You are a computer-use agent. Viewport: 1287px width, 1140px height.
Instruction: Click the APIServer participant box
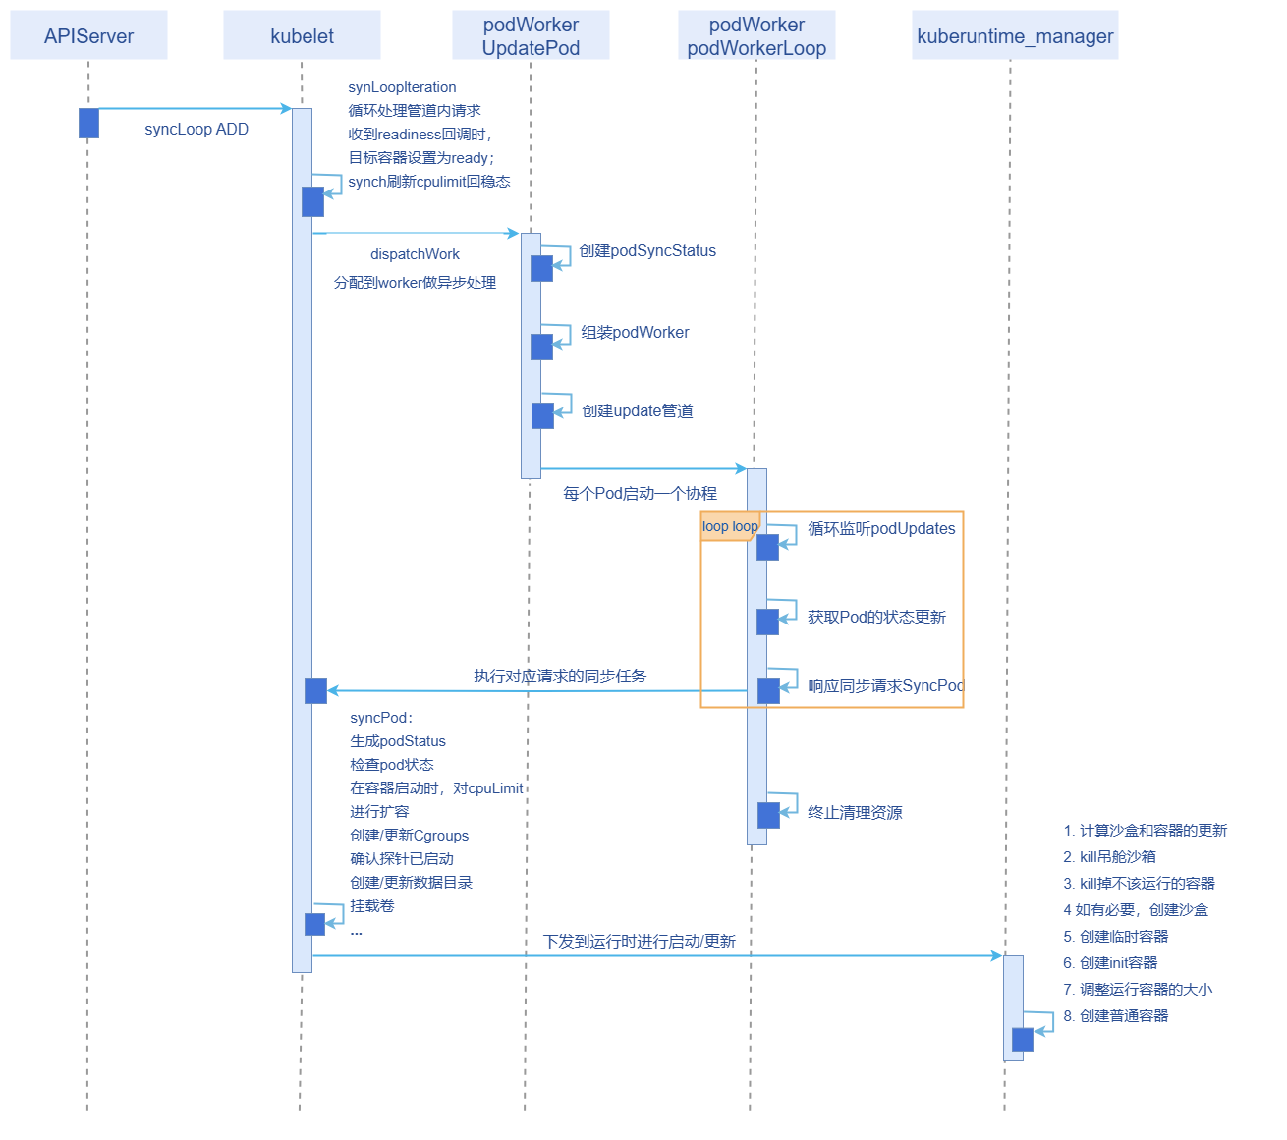pyautogui.click(x=88, y=36)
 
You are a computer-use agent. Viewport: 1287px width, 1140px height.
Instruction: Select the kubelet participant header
pyautogui.click(x=302, y=36)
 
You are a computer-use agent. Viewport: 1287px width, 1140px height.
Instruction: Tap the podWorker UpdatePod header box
pyautogui.click(x=531, y=36)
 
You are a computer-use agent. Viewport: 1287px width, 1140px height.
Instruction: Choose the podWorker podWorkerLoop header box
pyautogui.click(x=756, y=36)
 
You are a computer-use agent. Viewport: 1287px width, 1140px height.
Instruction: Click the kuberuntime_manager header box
pyautogui.click(x=1015, y=36)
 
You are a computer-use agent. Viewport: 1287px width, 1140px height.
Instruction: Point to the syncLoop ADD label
pyautogui.click(x=196, y=130)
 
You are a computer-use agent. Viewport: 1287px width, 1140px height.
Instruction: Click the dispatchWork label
pyautogui.click(x=415, y=254)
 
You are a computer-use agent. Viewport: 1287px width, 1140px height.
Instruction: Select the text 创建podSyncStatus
pyautogui.click(x=647, y=251)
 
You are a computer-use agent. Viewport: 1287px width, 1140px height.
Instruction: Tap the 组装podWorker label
pyautogui.click(x=635, y=333)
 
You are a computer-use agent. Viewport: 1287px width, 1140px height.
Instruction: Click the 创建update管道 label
pyautogui.click(x=638, y=411)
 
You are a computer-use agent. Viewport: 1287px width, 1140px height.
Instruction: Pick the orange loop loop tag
pyautogui.click(x=730, y=526)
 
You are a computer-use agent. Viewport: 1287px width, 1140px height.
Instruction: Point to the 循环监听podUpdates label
pyautogui.click(x=881, y=529)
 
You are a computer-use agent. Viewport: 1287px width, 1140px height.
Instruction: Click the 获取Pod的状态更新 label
pyautogui.click(x=876, y=618)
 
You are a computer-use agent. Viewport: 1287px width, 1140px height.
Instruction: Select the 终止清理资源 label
pyautogui.click(x=855, y=813)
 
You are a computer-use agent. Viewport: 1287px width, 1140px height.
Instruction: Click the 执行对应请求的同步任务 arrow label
pyautogui.click(x=560, y=677)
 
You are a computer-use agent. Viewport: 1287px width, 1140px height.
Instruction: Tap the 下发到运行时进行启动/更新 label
pyautogui.click(x=640, y=942)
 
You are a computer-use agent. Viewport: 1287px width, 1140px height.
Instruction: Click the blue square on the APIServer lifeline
pyautogui.click(x=88, y=124)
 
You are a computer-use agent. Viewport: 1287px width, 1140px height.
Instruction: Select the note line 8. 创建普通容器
pyautogui.click(x=1116, y=1016)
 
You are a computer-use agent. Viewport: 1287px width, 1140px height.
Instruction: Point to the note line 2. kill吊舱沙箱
pyautogui.click(x=1109, y=857)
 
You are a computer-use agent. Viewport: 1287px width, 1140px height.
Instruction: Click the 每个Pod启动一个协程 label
pyautogui.click(x=640, y=494)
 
